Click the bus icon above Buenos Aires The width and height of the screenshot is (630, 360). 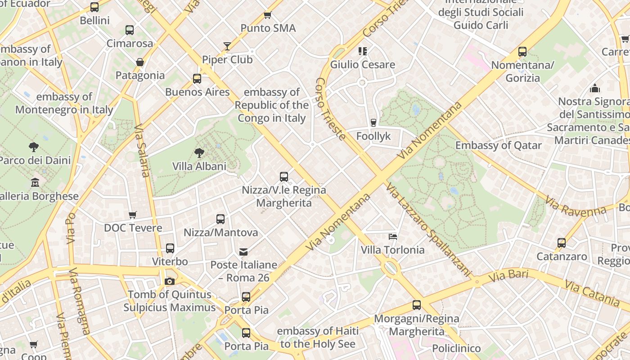click(197, 79)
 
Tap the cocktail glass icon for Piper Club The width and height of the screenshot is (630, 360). click(227, 46)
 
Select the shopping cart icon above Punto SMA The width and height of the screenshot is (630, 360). click(268, 15)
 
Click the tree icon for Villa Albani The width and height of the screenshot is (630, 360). click(199, 153)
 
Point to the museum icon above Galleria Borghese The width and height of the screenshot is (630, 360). click(35, 183)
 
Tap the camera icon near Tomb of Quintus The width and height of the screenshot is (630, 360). click(170, 281)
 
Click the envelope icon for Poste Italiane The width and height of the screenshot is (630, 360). click(243, 252)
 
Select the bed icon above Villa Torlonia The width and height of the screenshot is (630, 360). click(393, 236)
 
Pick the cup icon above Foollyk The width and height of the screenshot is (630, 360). click(373, 122)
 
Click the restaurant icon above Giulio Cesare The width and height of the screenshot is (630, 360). click(363, 51)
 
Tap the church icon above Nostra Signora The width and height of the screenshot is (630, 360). click(595, 88)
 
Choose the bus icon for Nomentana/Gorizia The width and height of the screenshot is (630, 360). click(522, 52)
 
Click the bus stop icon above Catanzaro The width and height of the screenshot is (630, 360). click(562, 243)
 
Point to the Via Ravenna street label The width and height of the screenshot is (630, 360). click(576, 206)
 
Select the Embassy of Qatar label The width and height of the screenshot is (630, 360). click(499, 145)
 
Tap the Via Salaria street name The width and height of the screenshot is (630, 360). click(142, 151)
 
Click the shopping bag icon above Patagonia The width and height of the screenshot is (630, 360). click(140, 62)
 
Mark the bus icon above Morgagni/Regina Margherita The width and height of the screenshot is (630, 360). click(417, 305)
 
